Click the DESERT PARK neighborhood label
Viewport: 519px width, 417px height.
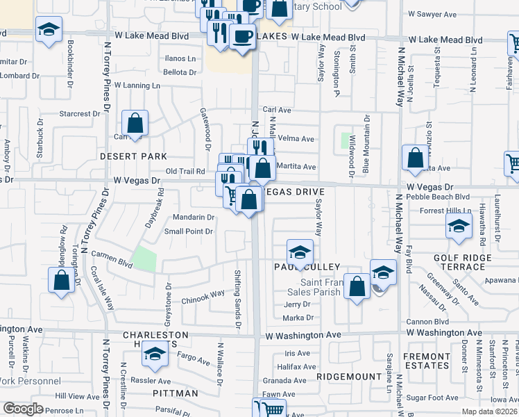[133, 156]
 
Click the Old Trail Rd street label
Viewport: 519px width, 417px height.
[185, 171]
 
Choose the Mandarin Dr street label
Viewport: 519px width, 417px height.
[189, 217]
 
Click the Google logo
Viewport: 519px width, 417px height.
[23, 409]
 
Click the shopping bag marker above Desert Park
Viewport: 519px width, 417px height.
[135, 125]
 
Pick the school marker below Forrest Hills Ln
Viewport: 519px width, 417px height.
[458, 227]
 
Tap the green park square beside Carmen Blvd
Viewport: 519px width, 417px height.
[144, 259]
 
